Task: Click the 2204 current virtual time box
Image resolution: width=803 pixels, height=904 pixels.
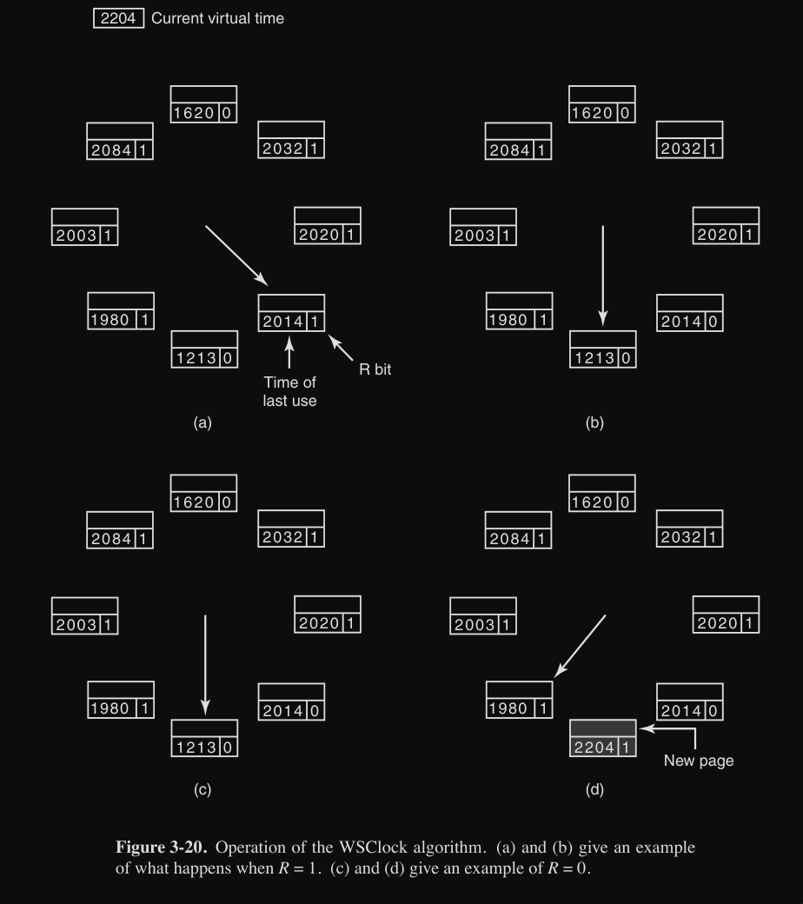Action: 118,18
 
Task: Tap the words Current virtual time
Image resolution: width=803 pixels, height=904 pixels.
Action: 217,18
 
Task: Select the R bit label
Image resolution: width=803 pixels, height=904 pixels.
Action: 375,369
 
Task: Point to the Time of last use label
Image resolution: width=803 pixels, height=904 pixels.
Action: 289,391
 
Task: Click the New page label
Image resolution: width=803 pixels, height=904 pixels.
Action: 699,761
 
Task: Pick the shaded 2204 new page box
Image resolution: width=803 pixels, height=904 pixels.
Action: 603,738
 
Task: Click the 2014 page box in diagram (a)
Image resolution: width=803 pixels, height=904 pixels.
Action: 291,313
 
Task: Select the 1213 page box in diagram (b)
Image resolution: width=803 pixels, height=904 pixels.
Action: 603,349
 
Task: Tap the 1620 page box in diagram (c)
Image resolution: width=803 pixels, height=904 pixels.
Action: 203,493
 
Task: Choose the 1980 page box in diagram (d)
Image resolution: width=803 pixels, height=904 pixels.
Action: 520,700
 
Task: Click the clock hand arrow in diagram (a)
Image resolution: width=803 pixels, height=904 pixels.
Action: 236,256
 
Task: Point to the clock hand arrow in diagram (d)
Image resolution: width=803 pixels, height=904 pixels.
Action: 580,647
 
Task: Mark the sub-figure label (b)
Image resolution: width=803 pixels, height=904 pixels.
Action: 594,422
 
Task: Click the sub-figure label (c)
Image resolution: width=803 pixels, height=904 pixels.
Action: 202,789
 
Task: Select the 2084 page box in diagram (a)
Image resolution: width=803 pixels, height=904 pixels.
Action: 120,141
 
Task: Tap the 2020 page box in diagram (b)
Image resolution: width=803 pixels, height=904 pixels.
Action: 726,225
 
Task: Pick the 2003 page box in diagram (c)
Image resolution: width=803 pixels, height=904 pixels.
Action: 85,615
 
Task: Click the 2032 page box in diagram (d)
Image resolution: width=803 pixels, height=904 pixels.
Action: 689,528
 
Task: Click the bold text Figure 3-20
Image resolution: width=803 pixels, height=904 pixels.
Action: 161,847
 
